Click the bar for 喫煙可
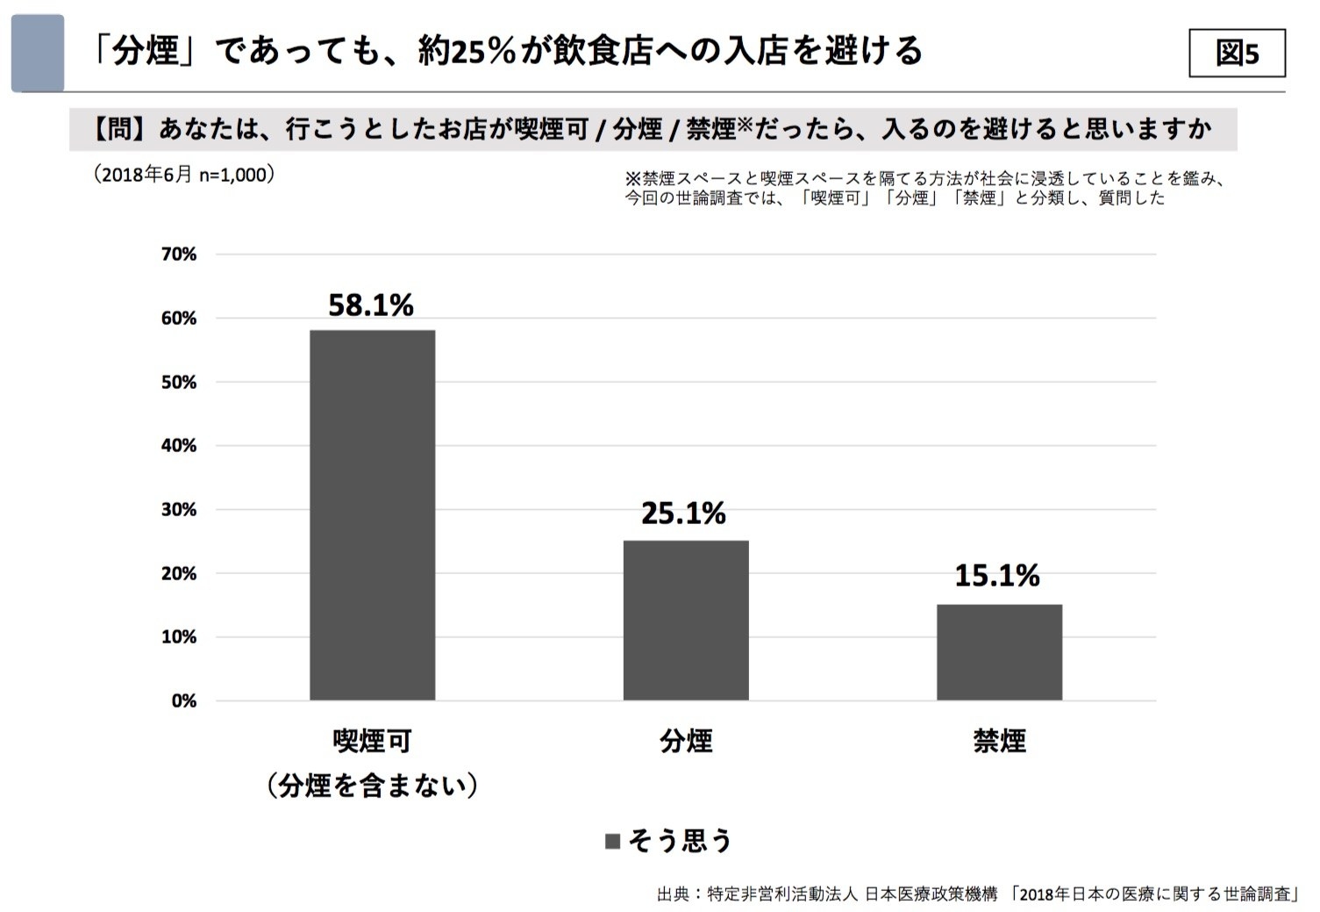[x=372, y=514]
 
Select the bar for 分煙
[x=686, y=620]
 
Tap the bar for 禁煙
[x=999, y=651]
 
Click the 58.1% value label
[x=371, y=305]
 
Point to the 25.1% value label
[x=683, y=513]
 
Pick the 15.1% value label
[x=997, y=576]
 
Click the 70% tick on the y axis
[x=179, y=255]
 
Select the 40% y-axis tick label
[x=179, y=446]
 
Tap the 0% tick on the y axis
[x=183, y=701]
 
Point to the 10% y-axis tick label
[x=179, y=637]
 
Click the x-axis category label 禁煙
[x=999, y=742]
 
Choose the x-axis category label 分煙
[x=686, y=742]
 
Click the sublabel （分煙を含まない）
[x=372, y=785]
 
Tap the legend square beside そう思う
[x=613, y=842]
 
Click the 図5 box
[x=1237, y=54]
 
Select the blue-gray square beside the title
[x=38, y=53]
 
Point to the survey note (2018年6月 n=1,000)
[x=184, y=175]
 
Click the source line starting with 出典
[x=978, y=894]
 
